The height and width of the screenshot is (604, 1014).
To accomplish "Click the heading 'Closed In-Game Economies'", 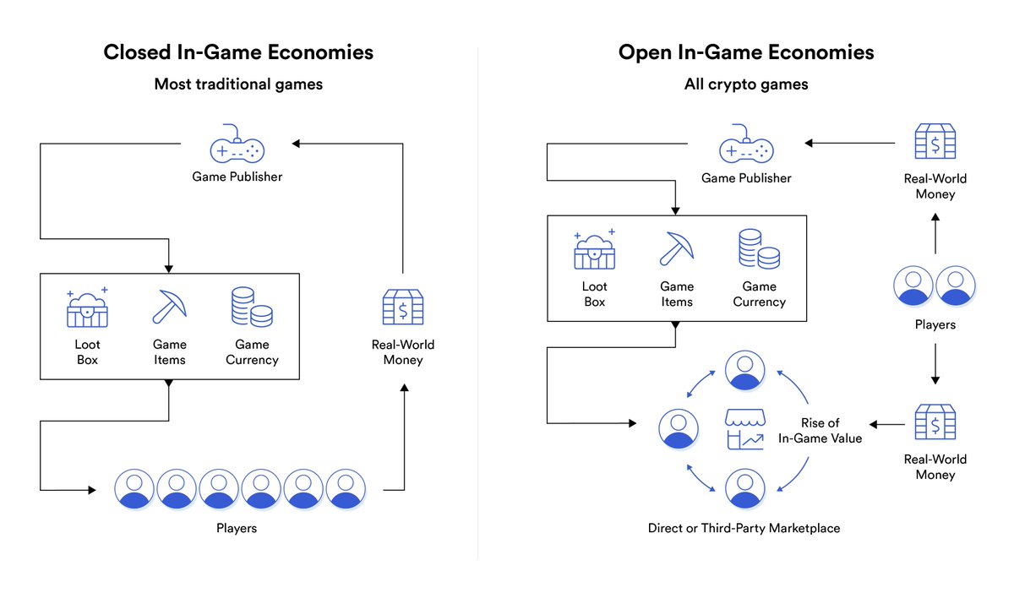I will click(238, 52).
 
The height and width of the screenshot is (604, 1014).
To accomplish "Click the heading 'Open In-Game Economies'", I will click(746, 52).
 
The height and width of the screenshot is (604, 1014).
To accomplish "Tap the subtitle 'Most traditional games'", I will click(238, 84).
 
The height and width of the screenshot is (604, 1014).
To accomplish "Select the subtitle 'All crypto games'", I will click(746, 84).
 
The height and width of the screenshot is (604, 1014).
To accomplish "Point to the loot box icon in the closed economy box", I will click(87, 308).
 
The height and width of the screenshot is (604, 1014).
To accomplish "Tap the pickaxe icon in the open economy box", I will click(677, 248).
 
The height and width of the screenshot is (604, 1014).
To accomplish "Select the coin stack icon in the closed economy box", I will click(252, 307).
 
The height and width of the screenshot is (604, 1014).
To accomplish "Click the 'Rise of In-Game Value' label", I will click(820, 431).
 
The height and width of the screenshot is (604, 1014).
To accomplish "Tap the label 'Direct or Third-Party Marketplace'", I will click(744, 529).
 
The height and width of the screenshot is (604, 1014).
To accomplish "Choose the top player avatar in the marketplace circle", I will click(744, 370).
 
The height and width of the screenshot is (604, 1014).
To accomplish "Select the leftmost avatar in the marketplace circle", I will click(679, 429).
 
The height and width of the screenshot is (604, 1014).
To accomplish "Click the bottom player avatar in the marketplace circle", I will click(744, 488).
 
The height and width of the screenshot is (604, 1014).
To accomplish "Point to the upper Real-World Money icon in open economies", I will click(935, 141).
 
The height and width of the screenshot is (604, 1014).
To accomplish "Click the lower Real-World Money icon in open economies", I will click(935, 422).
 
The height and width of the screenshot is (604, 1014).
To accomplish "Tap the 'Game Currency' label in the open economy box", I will click(759, 294).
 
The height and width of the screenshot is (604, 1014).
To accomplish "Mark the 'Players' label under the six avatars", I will click(237, 529).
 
